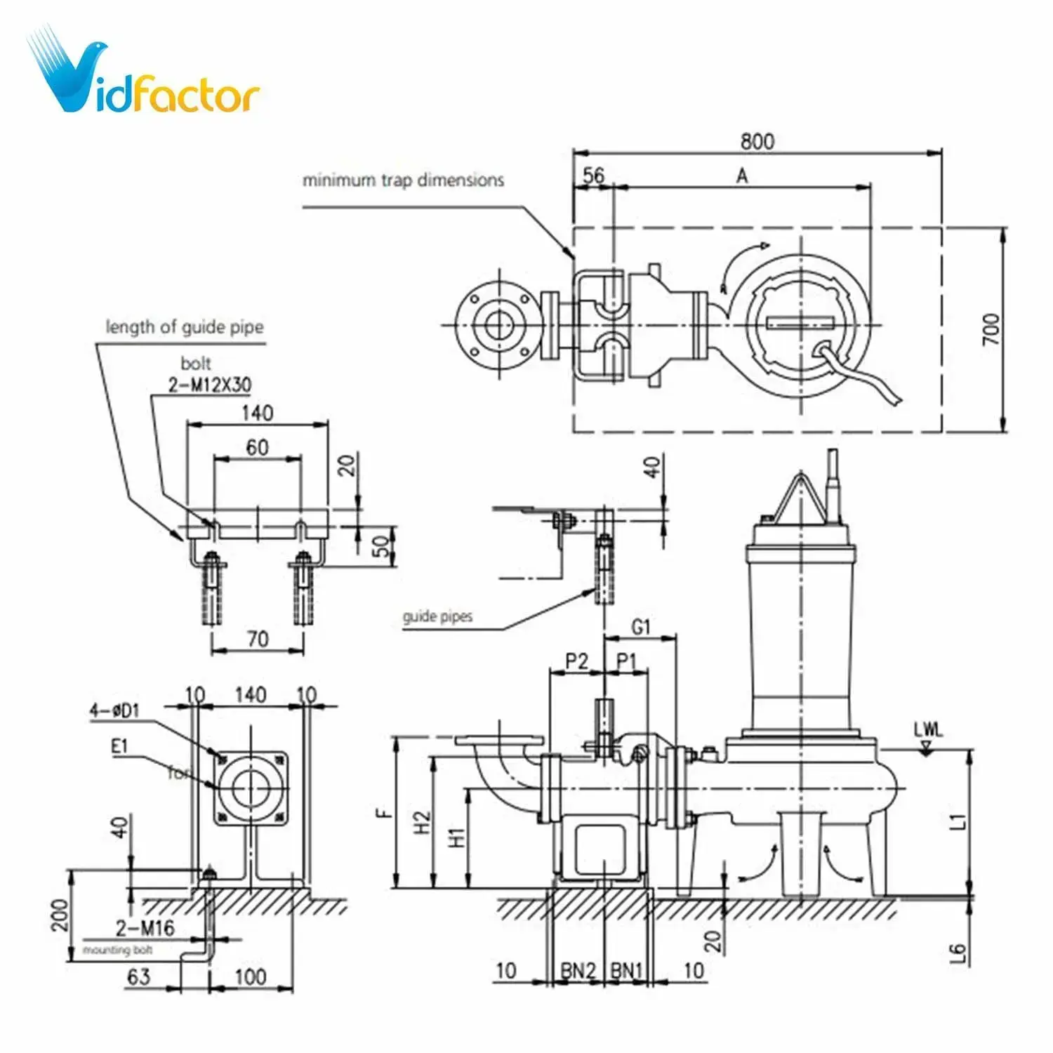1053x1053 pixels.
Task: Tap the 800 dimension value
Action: [x=757, y=141]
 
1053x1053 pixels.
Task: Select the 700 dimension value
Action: [x=991, y=329]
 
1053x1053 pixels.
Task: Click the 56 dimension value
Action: [x=593, y=175]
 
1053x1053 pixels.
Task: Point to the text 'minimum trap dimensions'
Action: [x=403, y=180]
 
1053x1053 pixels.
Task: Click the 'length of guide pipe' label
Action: [x=185, y=327]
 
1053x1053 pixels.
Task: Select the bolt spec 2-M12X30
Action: [x=209, y=385]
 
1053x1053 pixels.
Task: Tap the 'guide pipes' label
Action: [x=437, y=617]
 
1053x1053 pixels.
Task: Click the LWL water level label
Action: [x=928, y=729]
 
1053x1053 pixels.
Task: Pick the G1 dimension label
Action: [x=641, y=626]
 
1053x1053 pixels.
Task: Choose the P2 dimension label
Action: [x=576, y=661]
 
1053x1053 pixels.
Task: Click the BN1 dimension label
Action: [x=626, y=970]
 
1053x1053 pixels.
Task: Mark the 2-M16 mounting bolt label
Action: [x=145, y=928]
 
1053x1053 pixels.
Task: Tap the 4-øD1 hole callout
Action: [x=114, y=710]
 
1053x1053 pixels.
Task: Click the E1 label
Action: [x=120, y=746]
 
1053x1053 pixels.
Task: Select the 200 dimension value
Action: [x=60, y=915]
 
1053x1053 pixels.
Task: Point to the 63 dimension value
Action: [x=138, y=976]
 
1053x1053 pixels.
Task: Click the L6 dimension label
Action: [x=958, y=953]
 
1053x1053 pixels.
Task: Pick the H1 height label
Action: [x=456, y=837]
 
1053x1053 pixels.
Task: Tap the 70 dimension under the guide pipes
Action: [x=258, y=639]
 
